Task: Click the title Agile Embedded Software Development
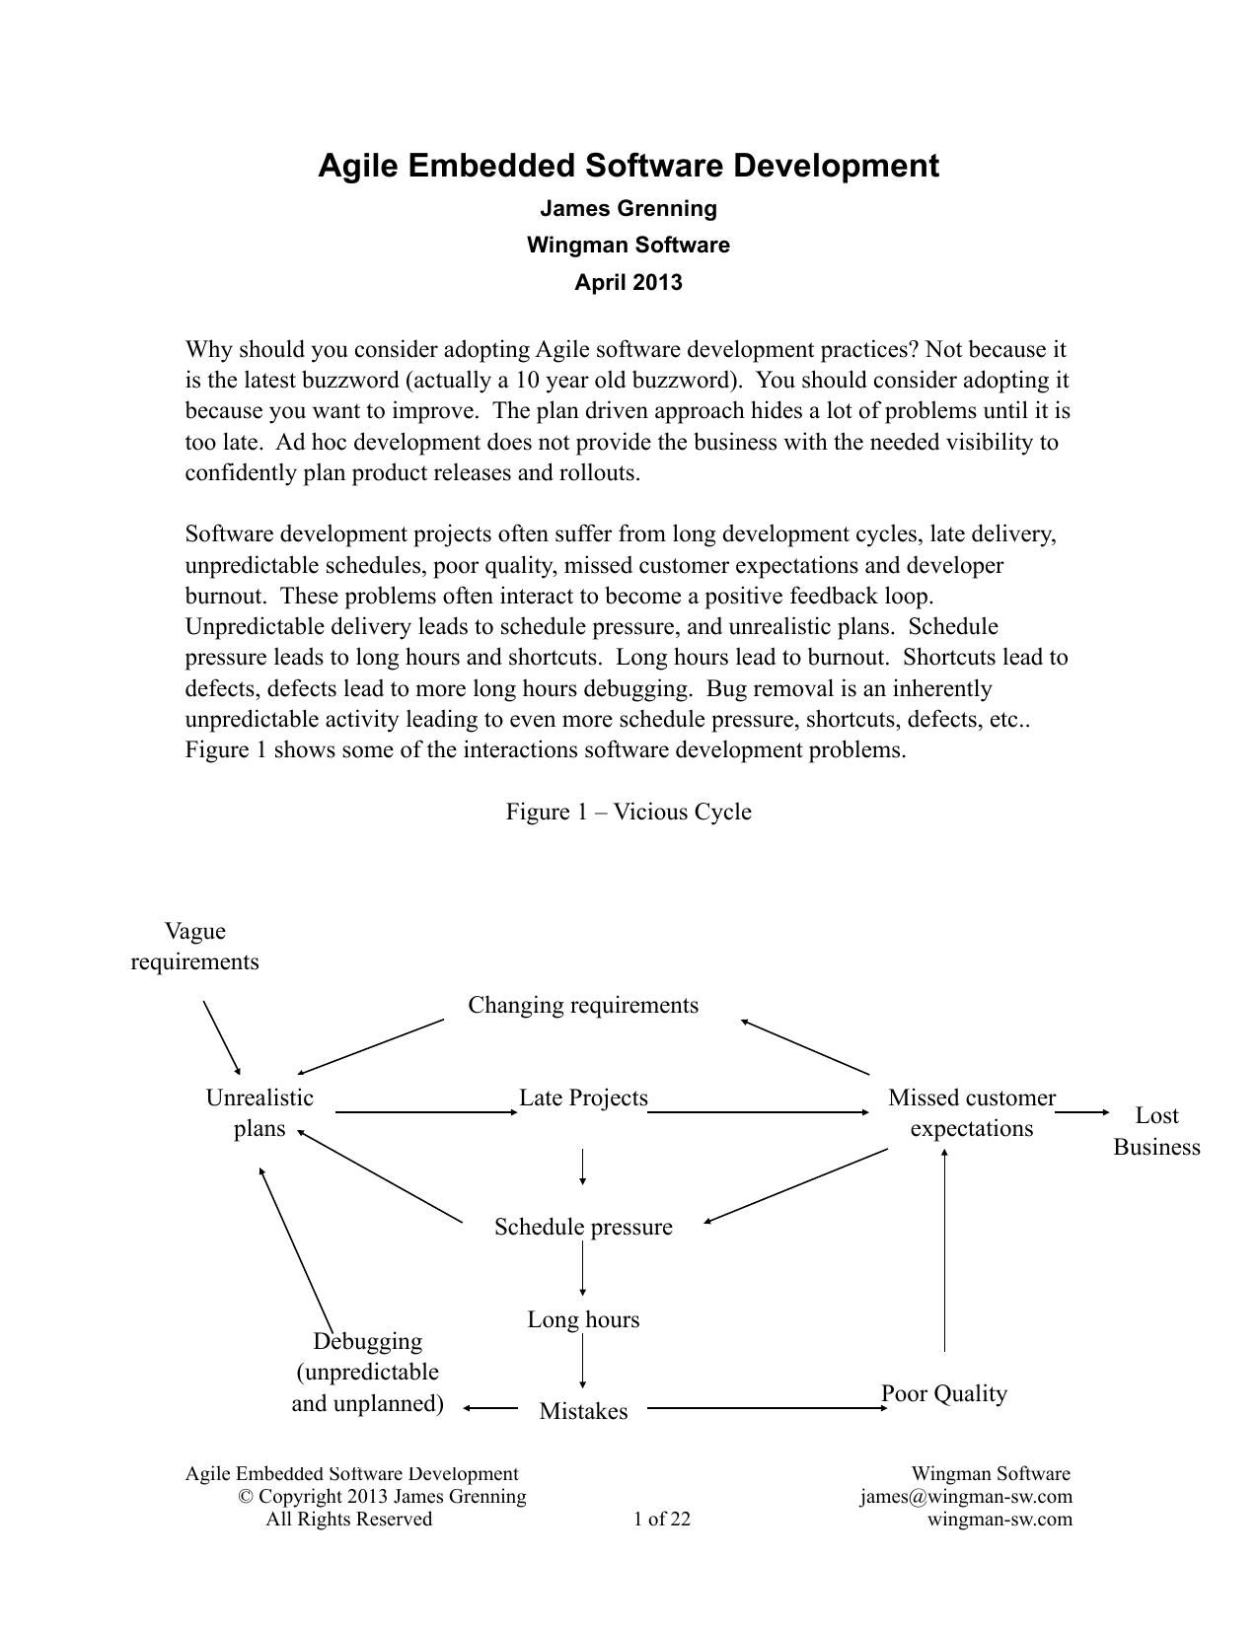pos(629,166)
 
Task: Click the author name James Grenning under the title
pos(629,209)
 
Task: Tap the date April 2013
pos(629,283)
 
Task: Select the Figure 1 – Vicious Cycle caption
pos(629,812)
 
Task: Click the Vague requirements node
pos(195,947)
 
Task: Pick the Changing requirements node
pos(583,1005)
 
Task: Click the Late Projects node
pos(583,1097)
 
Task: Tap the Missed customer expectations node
pos(971,1113)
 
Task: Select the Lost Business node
pos(1156,1131)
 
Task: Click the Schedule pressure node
pos(583,1227)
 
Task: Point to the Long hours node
pos(583,1319)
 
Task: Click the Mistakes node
pos(583,1411)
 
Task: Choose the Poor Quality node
pos(944,1393)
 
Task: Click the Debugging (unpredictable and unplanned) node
pos(367,1372)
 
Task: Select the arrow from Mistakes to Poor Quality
pos(767,1409)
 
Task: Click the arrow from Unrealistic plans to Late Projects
pos(425,1112)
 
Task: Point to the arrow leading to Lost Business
pos(1081,1112)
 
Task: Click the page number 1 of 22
pos(662,1519)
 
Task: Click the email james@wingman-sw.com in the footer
pos(965,1497)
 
